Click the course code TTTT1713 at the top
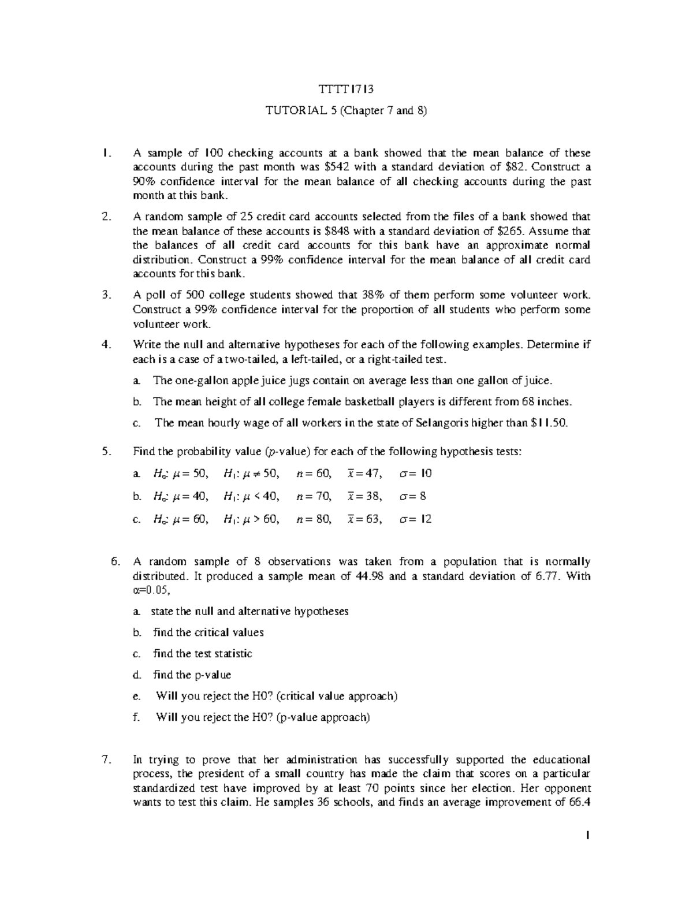click(346, 90)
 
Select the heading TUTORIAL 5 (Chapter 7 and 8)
click(346, 111)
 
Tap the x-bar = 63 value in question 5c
click(364, 519)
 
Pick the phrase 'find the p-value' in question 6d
click(192, 675)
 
